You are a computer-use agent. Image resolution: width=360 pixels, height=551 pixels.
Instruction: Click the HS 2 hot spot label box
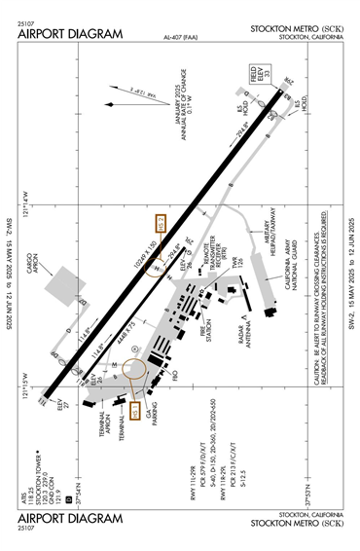162,223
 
